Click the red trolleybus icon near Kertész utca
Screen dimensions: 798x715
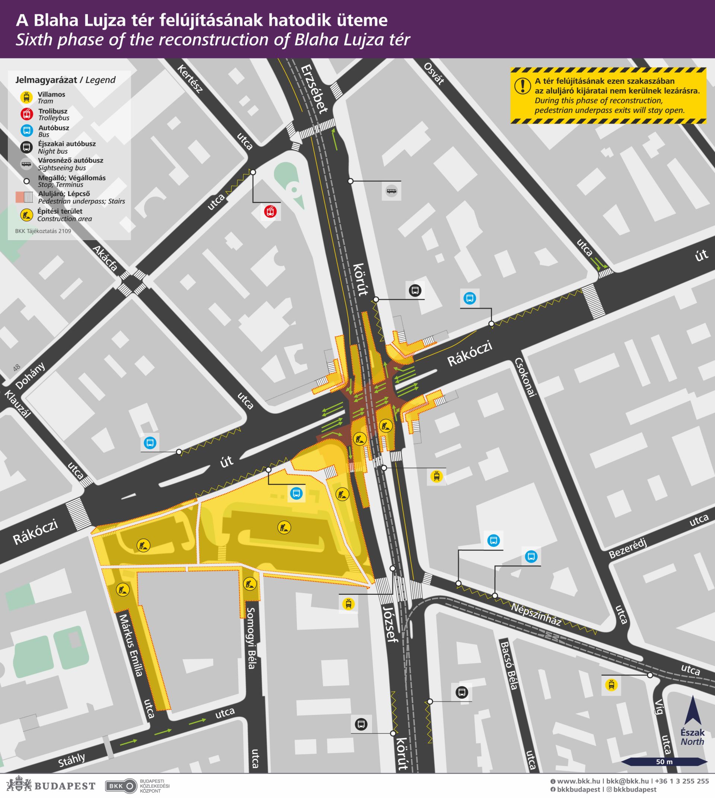[270, 212]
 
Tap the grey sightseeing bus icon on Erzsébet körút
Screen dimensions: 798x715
[391, 191]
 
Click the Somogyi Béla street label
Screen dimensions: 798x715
[251, 639]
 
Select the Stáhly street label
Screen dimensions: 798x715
[71, 760]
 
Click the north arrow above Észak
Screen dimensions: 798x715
[692, 710]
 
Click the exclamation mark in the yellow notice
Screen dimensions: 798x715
[522, 86]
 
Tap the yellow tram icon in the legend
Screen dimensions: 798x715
[26, 98]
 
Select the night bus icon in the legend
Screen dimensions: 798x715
[26, 147]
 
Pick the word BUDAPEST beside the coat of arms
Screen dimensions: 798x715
[65, 786]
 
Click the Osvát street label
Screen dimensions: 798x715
[434, 73]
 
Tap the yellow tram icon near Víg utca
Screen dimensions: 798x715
[611, 685]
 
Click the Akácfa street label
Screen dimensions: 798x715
[105, 259]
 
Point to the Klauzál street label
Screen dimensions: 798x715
[17, 404]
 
